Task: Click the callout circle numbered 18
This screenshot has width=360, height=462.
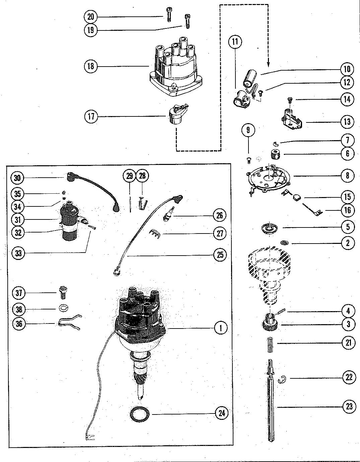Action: point(91,66)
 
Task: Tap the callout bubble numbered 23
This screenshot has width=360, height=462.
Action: point(349,406)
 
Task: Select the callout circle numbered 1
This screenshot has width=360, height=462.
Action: point(220,328)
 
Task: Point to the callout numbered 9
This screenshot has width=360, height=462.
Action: point(248,130)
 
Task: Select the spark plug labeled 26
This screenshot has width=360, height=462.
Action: point(169,213)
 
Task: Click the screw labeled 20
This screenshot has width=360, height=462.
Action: point(169,14)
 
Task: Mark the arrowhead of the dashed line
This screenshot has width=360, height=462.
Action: point(268,65)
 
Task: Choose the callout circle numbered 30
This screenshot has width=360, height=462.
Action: point(17,178)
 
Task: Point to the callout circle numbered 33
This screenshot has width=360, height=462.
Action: point(18,253)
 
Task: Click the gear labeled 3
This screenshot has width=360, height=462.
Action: point(271,322)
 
